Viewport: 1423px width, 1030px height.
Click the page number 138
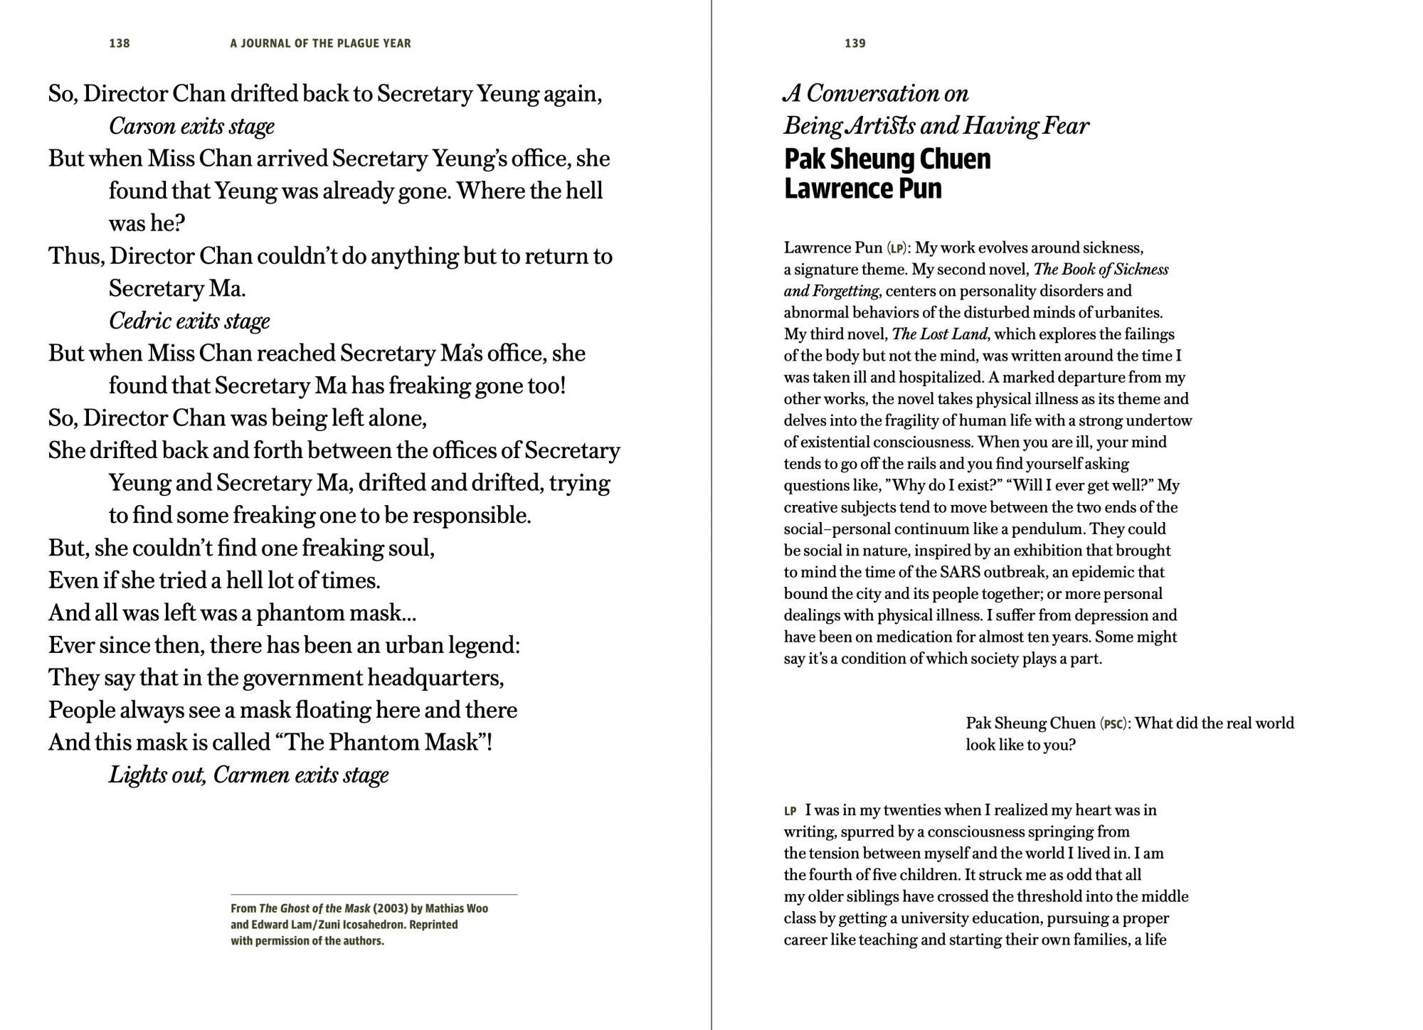click(120, 43)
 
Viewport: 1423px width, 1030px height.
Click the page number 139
click(855, 43)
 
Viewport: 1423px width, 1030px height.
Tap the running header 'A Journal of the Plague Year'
click(320, 43)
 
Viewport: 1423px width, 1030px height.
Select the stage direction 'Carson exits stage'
click(191, 126)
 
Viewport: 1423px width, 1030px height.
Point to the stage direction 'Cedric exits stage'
click(189, 321)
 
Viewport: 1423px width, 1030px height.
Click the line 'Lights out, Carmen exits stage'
click(248, 774)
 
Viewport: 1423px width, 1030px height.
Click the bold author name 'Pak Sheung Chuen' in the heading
click(887, 159)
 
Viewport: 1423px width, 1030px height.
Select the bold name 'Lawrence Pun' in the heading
click(862, 189)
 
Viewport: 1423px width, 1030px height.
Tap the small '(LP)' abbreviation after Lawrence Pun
click(897, 248)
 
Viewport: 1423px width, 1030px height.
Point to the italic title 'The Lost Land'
click(939, 334)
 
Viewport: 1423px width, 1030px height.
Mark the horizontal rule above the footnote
click(374, 894)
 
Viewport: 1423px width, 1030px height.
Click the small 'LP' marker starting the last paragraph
click(790, 811)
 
